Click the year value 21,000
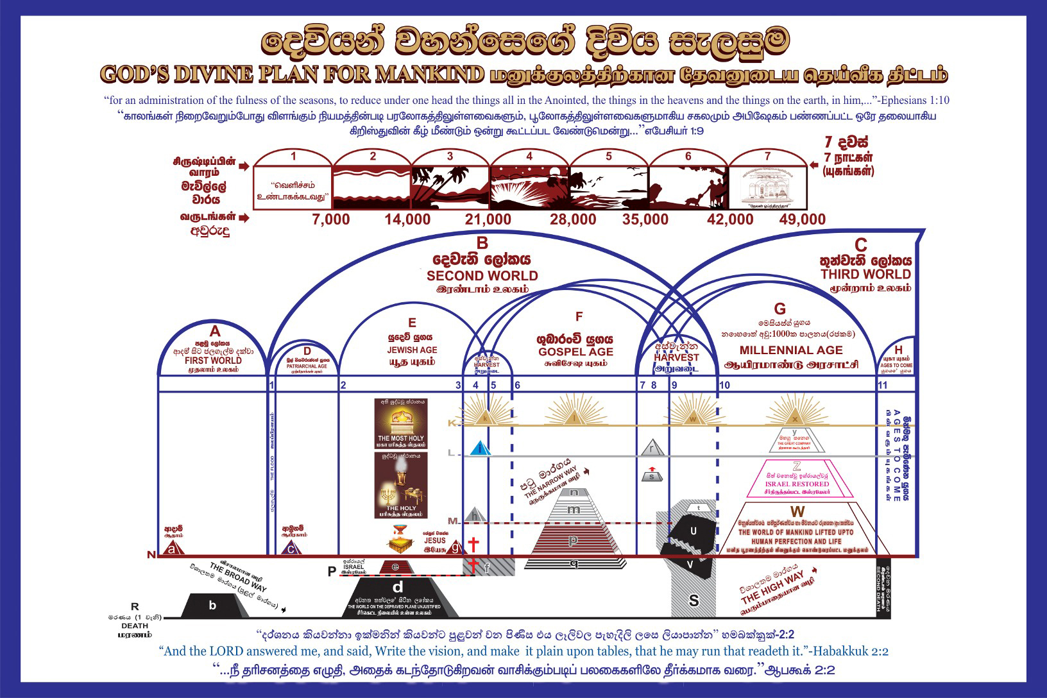point(488,219)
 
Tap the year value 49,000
point(802,219)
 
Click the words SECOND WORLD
point(482,276)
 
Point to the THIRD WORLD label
point(865,275)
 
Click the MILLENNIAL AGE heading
point(791,350)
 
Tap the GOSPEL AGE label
point(575,352)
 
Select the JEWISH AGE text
point(412,350)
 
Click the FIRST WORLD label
point(213,360)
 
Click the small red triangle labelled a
point(171,549)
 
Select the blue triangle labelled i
point(480,448)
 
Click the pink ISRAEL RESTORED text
point(797,484)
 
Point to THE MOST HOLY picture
point(401,424)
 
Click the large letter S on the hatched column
point(694,600)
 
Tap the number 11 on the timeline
point(883,385)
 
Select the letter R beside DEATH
point(135,606)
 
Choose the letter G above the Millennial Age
point(780,309)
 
